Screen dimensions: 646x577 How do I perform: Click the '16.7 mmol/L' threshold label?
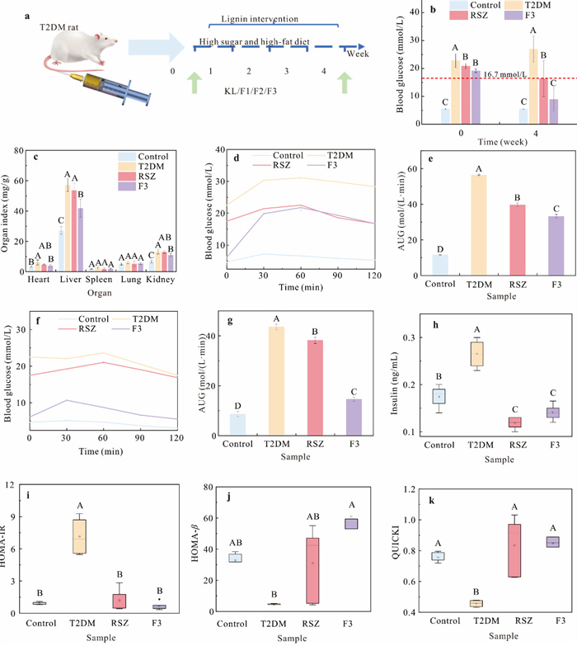(x=509, y=73)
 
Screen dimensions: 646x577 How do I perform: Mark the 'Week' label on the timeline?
(x=357, y=54)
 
